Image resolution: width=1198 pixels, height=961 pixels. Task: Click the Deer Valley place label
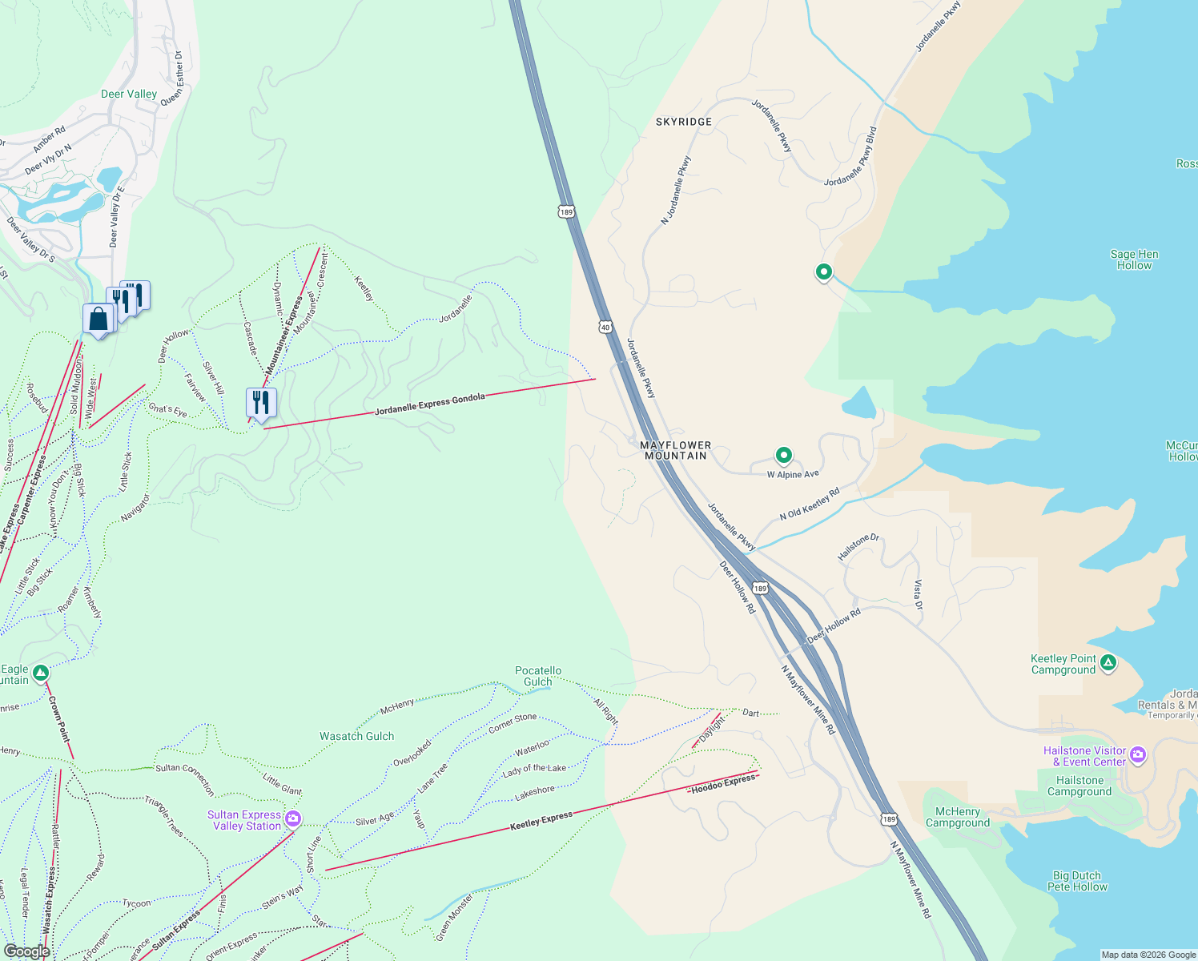[129, 94]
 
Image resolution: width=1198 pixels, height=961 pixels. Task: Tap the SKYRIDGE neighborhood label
[683, 122]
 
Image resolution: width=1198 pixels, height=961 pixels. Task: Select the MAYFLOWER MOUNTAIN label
[675, 450]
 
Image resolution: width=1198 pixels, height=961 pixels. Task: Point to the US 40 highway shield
[605, 327]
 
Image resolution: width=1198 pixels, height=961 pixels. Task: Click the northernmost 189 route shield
[566, 212]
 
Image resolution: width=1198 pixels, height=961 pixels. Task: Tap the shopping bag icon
[98, 320]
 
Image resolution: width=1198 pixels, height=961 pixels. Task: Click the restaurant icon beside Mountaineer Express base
[261, 402]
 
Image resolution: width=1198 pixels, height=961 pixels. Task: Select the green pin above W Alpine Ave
[784, 456]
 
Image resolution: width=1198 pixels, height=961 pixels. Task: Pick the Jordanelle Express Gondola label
[430, 404]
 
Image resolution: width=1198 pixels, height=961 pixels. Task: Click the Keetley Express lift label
[541, 821]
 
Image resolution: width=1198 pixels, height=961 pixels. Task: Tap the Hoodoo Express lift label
[723, 783]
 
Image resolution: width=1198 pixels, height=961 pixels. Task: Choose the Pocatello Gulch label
[537, 676]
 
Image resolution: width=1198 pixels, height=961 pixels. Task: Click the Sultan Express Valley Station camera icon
[293, 818]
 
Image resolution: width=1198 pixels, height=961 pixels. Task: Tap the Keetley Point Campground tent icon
[1108, 662]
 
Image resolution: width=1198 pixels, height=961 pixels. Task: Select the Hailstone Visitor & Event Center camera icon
[1138, 754]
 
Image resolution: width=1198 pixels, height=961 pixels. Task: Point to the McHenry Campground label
[958, 817]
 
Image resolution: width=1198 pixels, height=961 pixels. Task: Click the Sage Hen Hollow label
[1134, 259]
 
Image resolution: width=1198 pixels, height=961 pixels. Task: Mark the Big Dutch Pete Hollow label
[1077, 881]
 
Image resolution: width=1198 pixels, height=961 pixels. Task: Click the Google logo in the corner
[26, 951]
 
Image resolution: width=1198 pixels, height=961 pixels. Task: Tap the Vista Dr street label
[918, 594]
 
